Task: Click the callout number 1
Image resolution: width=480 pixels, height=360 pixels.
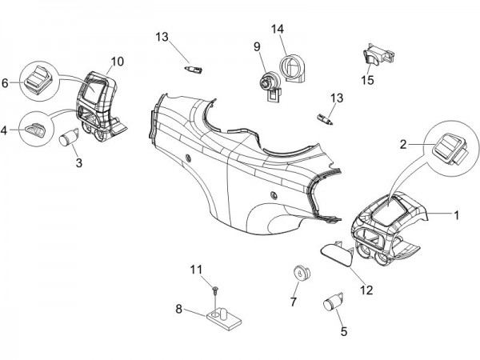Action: pyautogui.click(x=457, y=215)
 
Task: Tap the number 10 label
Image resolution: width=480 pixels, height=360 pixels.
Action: pyautogui.click(x=117, y=61)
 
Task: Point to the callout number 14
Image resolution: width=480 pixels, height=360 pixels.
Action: pyautogui.click(x=278, y=30)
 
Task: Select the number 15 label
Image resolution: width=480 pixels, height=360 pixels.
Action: pyautogui.click(x=367, y=81)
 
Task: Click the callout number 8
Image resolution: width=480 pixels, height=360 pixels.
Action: pyautogui.click(x=179, y=308)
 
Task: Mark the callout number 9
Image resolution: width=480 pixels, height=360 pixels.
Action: pyautogui.click(x=258, y=46)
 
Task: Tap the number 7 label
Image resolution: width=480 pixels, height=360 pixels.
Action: pyautogui.click(x=293, y=302)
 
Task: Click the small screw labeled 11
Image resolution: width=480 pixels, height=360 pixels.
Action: pyautogui.click(x=217, y=286)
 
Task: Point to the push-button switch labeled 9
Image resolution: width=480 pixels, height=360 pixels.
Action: pyautogui.click(x=267, y=80)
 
